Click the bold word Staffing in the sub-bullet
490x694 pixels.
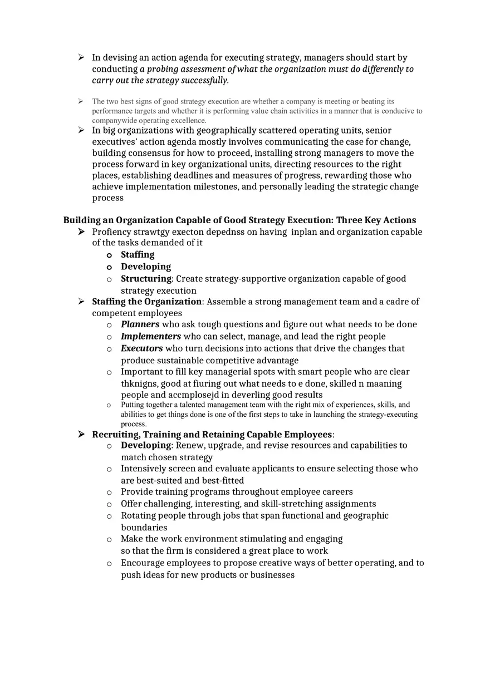coord(138,255)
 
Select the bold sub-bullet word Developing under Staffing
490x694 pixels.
coord(146,267)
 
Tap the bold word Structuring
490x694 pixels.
coord(146,279)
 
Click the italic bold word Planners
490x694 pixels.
coord(140,324)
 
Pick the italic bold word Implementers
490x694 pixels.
coord(151,337)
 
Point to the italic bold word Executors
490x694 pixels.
coord(142,348)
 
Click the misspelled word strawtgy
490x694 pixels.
coord(149,232)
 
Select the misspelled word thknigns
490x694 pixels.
coord(139,384)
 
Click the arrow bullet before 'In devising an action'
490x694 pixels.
coord(81,57)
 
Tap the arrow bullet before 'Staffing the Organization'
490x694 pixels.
coord(81,302)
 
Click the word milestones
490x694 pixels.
coord(215,187)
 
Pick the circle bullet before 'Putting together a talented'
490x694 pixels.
coord(109,405)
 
